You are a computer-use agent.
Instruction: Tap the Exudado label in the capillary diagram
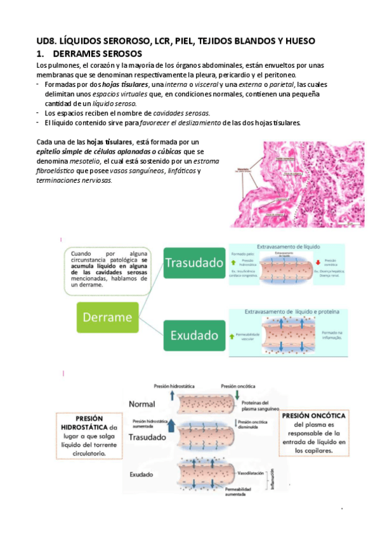145,475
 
